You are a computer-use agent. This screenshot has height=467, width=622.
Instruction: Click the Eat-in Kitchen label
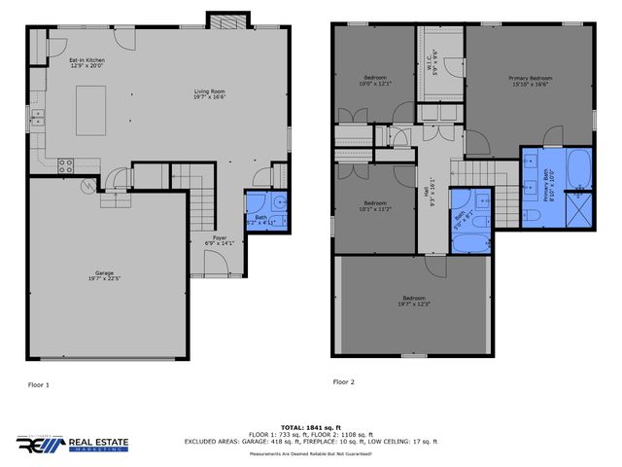click(86, 63)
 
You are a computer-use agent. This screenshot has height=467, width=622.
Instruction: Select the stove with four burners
click(66, 164)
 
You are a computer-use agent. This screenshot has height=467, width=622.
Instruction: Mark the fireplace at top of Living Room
click(222, 21)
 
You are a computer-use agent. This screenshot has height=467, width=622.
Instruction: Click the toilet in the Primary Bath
click(533, 213)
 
